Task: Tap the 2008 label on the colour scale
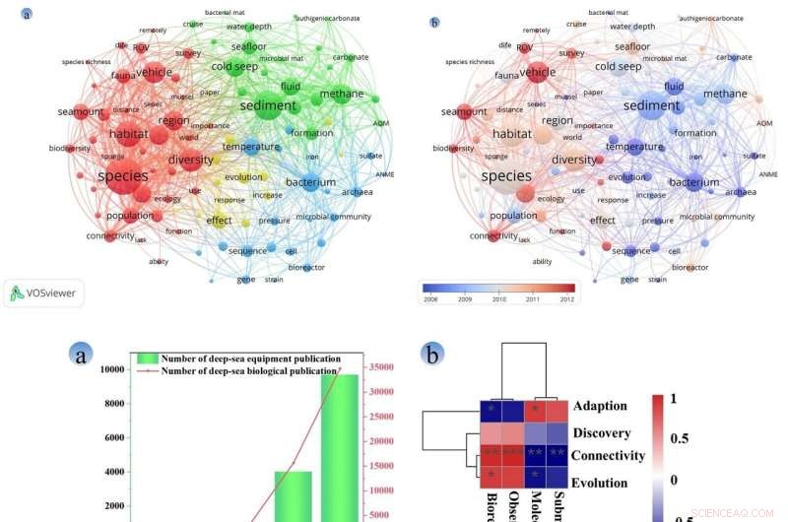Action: click(430, 298)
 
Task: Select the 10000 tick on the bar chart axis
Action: click(110, 369)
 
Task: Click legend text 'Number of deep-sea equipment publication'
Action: click(251, 358)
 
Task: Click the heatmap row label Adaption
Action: click(601, 406)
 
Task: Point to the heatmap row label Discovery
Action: click(604, 431)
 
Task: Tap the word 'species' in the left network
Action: click(123, 175)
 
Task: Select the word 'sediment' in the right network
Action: click(651, 106)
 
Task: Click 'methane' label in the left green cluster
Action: click(341, 95)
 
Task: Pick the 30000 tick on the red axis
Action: click(382, 392)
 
